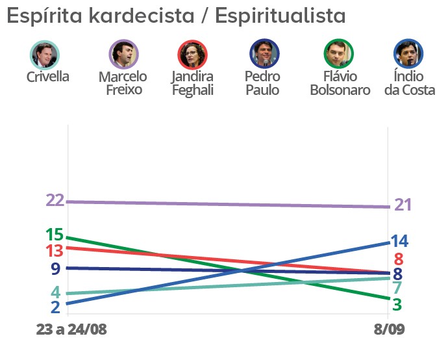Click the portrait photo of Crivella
tap(45, 55)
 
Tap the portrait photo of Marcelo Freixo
tap(123, 55)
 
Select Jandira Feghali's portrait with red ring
tap(193, 55)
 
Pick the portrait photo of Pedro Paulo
tap(264, 55)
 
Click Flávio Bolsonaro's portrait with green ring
tap(338, 55)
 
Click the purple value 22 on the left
tap(55, 200)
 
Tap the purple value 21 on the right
tap(403, 205)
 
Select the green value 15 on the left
tap(54, 235)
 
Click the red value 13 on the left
tap(54, 250)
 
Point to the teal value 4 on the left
tap(56, 292)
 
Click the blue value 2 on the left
tap(55, 307)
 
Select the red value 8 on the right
tap(399, 259)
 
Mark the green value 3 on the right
tap(397, 303)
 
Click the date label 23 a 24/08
tap(71, 329)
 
